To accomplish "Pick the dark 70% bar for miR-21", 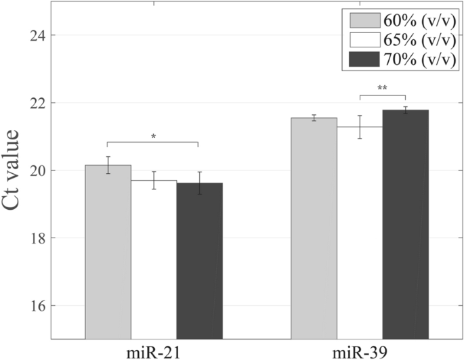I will coord(199,261).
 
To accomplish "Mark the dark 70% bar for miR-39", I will coord(405,224).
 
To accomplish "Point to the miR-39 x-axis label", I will coord(360,351).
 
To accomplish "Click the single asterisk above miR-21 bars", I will coord(154,137).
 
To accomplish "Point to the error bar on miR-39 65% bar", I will coord(360,127).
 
